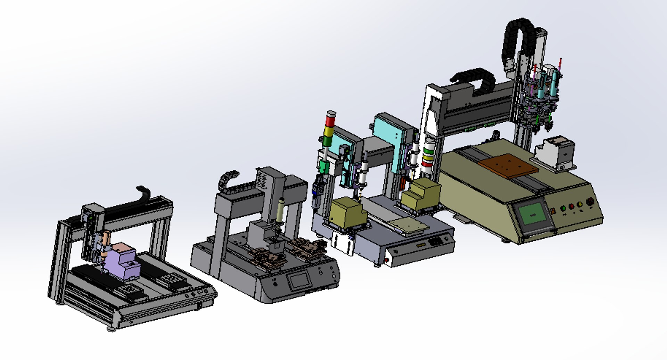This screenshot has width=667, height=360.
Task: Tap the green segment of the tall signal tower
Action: coord(328,141)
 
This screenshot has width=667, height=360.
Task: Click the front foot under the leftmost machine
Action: coord(111,329)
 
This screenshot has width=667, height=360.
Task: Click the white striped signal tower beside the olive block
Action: coord(428,156)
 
